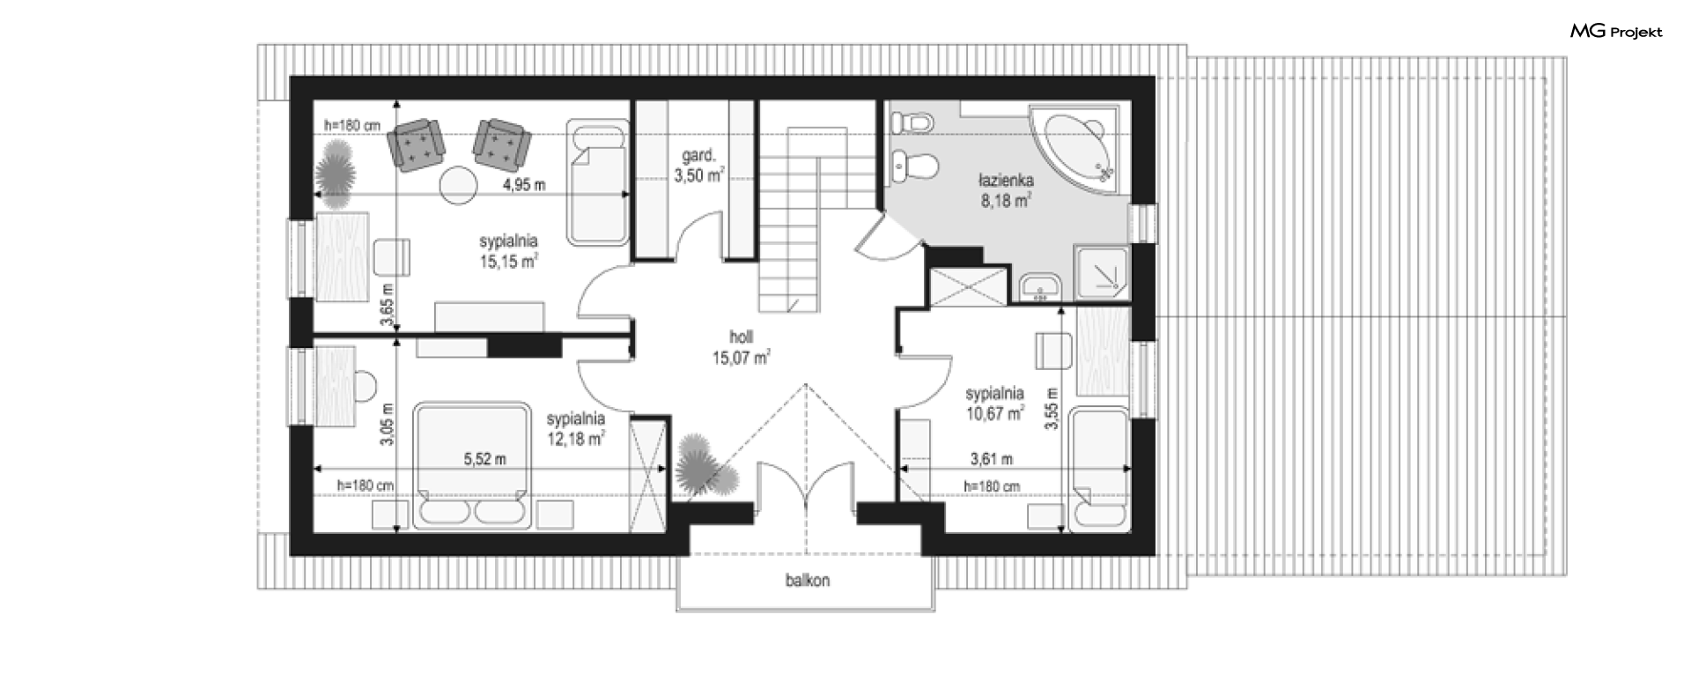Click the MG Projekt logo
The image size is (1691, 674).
click(x=1616, y=32)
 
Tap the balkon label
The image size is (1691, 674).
click(x=808, y=581)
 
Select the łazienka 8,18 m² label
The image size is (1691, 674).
click(x=1005, y=190)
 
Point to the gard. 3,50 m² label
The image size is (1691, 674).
click(x=698, y=166)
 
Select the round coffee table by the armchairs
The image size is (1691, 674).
click(x=459, y=186)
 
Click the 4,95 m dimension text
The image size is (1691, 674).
click(x=523, y=185)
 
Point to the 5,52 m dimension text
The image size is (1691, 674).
click(x=484, y=459)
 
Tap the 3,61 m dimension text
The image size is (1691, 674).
click(x=991, y=459)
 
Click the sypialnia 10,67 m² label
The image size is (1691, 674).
click(x=994, y=402)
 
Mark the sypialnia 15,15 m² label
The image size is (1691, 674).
click(x=508, y=250)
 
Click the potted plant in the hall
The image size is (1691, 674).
click(x=706, y=467)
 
